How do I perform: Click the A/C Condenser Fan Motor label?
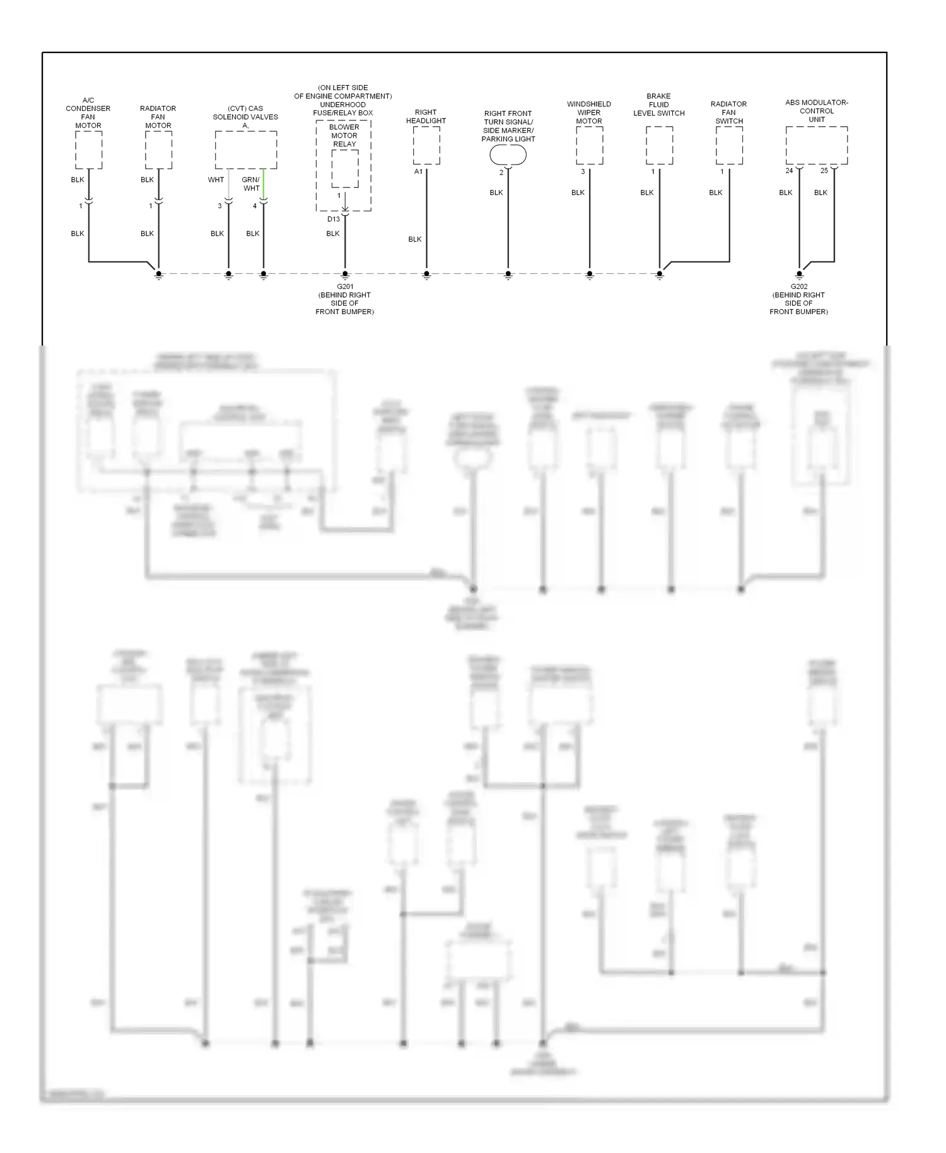click(x=88, y=113)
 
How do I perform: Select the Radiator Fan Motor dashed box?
click(x=158, y=151)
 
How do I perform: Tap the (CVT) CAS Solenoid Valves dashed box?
click(x=246, y=150)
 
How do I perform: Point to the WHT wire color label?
click(x=216, y=180)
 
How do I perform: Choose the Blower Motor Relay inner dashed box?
click(x=345, y=168)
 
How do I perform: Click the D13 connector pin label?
click(x=333, y=219)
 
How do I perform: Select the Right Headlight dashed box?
click(x=426, y=146)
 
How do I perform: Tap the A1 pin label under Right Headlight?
click(x=418, y=172)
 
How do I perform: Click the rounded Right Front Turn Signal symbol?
click(x=508, y=155)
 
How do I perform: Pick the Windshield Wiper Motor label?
click(x=589, y=112)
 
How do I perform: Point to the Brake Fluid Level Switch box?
click(x=659, y=146)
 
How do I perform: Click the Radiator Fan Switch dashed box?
click(x=729, y=146)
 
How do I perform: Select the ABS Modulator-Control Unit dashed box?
click(x=816, y=146)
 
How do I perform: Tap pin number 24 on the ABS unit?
click(x=789, y=171)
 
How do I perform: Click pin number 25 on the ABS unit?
click(x=824, y=171)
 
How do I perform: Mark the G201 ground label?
click(x=345, y=287)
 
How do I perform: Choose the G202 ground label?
click(x=798, y=287)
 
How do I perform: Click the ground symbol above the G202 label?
click(x=799, y=275)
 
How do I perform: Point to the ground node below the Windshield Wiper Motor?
click(x=590, y=274)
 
